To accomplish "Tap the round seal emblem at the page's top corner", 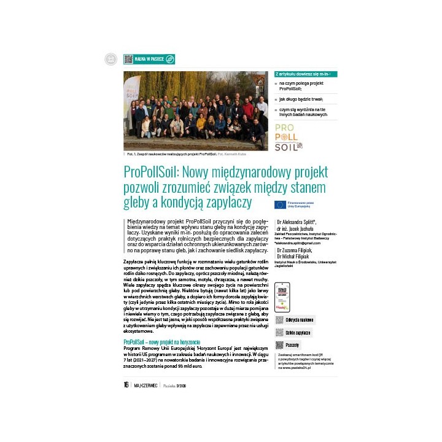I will pos(111,60).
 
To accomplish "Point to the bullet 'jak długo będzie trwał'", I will pos(301,98).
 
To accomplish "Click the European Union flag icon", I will pos(280,204).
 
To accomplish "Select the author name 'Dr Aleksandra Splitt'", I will pos(297,220).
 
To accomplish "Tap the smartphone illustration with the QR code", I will pos(282,297).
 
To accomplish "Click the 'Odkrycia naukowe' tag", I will pos(299,320).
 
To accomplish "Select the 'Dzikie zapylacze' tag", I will pos(298,333).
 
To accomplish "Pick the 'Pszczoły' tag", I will pos(292,345).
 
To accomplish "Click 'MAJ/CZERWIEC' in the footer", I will pos(145,386).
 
